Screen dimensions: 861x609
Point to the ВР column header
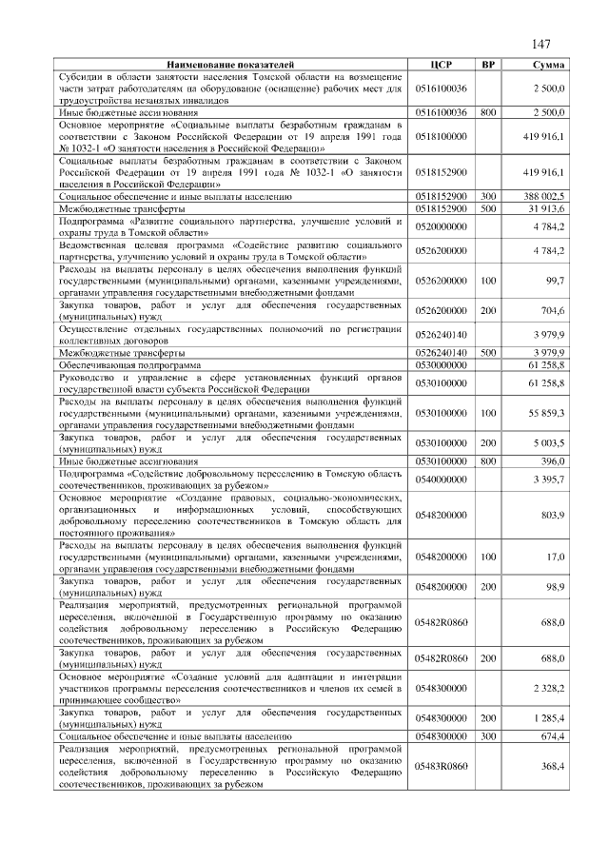pyautogui.click(x=488, y=65)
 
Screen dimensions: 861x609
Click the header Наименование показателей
pyautogui.click(x=232, y=65)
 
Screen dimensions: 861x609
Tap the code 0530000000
pyautogui.click(x=441, y=364)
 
